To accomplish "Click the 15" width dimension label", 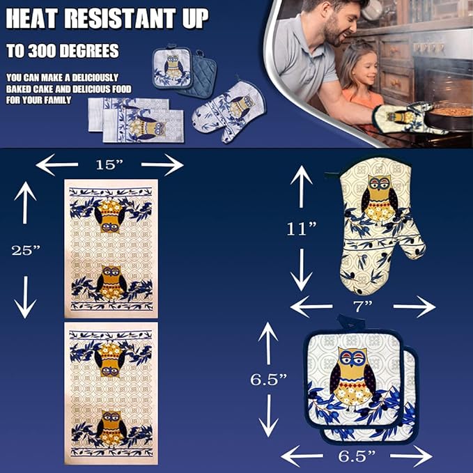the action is pyautogui.click(x=109, y=164).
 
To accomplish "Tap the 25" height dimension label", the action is pyautogui.click(x=26, y=250).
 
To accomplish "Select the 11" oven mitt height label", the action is pyautogui.click(x=302, y=229).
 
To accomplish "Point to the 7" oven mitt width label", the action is pyautogui.click(x=362, y=307).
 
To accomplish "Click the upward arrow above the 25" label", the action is pyautogui.click(x=25, y=203).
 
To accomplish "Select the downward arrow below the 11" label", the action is pyautogui.click(x=302, y=270).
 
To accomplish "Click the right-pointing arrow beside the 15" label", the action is pyautogui.click(x=162, y=164).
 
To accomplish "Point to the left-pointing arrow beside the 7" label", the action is pyautogui.click(x=311, y=307).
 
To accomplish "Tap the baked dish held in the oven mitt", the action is pyautogui.click(x=449, y=116).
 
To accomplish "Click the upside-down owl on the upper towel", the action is pyautogui.click(x=109, y=216).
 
